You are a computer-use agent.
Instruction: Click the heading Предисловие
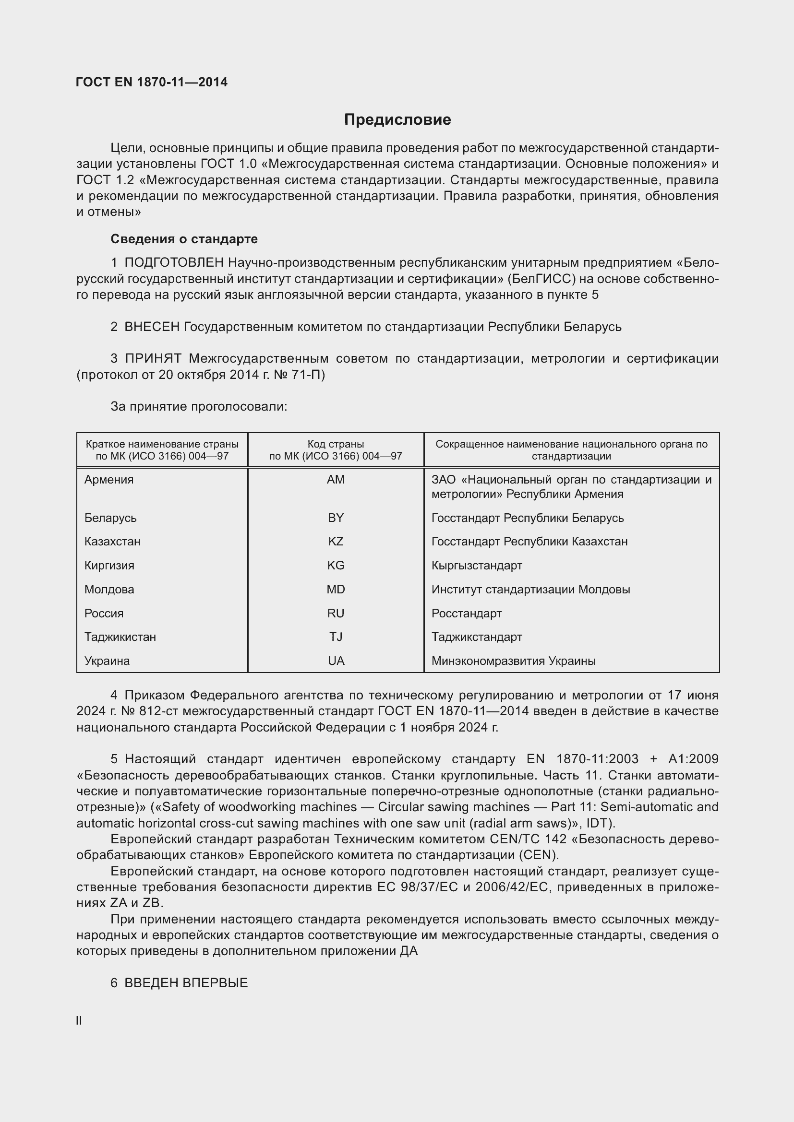coord(397,120)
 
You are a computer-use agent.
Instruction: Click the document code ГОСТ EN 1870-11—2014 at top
coord(152,82)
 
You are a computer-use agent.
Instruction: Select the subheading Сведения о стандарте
coord(184,239)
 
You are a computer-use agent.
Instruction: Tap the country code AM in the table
coord(336,479)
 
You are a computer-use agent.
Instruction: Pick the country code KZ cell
coord(336,542)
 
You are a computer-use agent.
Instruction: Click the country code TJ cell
coord(336,637)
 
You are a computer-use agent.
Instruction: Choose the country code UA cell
coord(336,661)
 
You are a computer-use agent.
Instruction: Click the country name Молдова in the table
coord(109,590)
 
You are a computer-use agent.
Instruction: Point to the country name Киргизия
coord(109,566)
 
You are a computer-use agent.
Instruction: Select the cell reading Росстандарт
coord(467,614)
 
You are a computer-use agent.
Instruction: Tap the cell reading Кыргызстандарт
coord(477,566)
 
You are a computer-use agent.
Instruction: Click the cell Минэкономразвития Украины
coord(513,661)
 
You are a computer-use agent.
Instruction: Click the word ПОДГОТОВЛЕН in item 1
coord(174,263)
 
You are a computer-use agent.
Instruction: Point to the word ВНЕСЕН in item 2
coord(152,327)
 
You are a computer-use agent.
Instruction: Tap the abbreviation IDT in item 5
coord(599,824)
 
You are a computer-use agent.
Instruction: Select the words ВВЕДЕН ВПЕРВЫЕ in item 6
coord(186,983)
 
